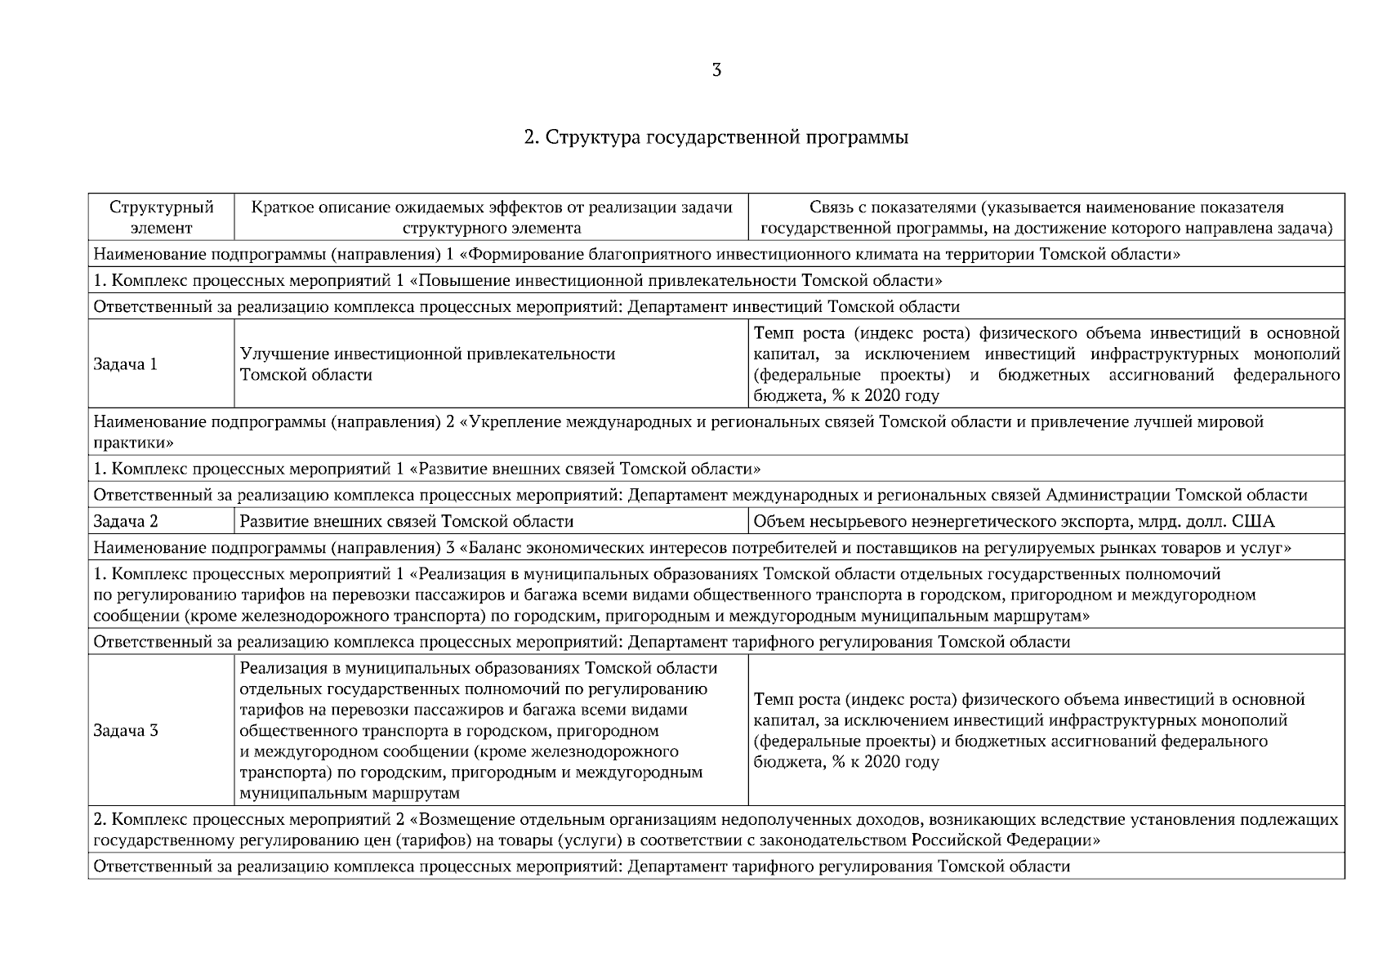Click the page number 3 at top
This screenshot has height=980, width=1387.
(716, 71)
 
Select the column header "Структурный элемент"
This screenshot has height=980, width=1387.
(161, 217)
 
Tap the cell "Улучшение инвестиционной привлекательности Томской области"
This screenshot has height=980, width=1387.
(427, 364)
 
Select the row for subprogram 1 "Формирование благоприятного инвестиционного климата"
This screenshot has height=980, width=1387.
(637, 254)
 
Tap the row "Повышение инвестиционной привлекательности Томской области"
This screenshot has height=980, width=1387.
(518, 281)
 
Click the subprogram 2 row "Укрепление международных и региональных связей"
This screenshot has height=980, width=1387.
(678, 422)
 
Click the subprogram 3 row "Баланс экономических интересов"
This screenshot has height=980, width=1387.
(691, 547)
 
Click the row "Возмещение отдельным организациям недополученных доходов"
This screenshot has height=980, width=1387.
(715, 819)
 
